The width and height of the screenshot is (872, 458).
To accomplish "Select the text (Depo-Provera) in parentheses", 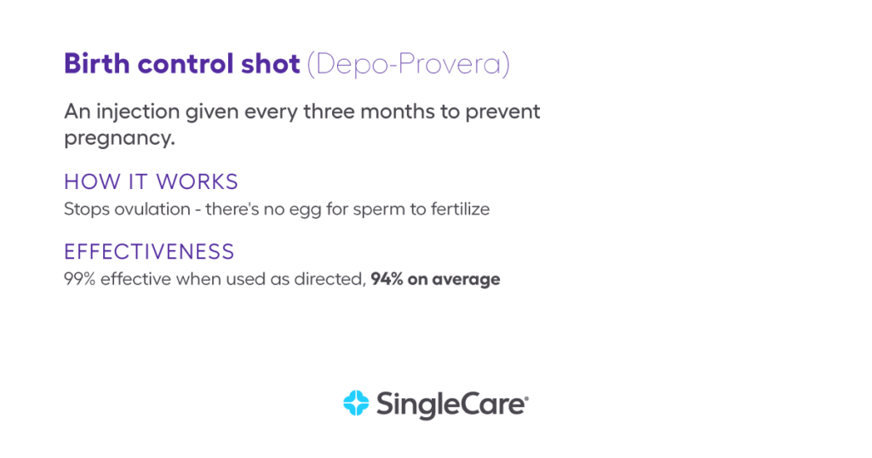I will tap(409, 65).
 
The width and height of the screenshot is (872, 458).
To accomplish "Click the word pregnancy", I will tap(119, 138).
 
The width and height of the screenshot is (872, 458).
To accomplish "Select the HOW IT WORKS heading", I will tap(152, 182).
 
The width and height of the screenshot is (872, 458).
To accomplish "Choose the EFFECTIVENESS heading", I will tap(149, 252).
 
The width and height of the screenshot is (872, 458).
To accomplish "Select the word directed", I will tap(332, 279).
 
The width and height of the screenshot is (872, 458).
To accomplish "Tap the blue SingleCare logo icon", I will tap(354, 404).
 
